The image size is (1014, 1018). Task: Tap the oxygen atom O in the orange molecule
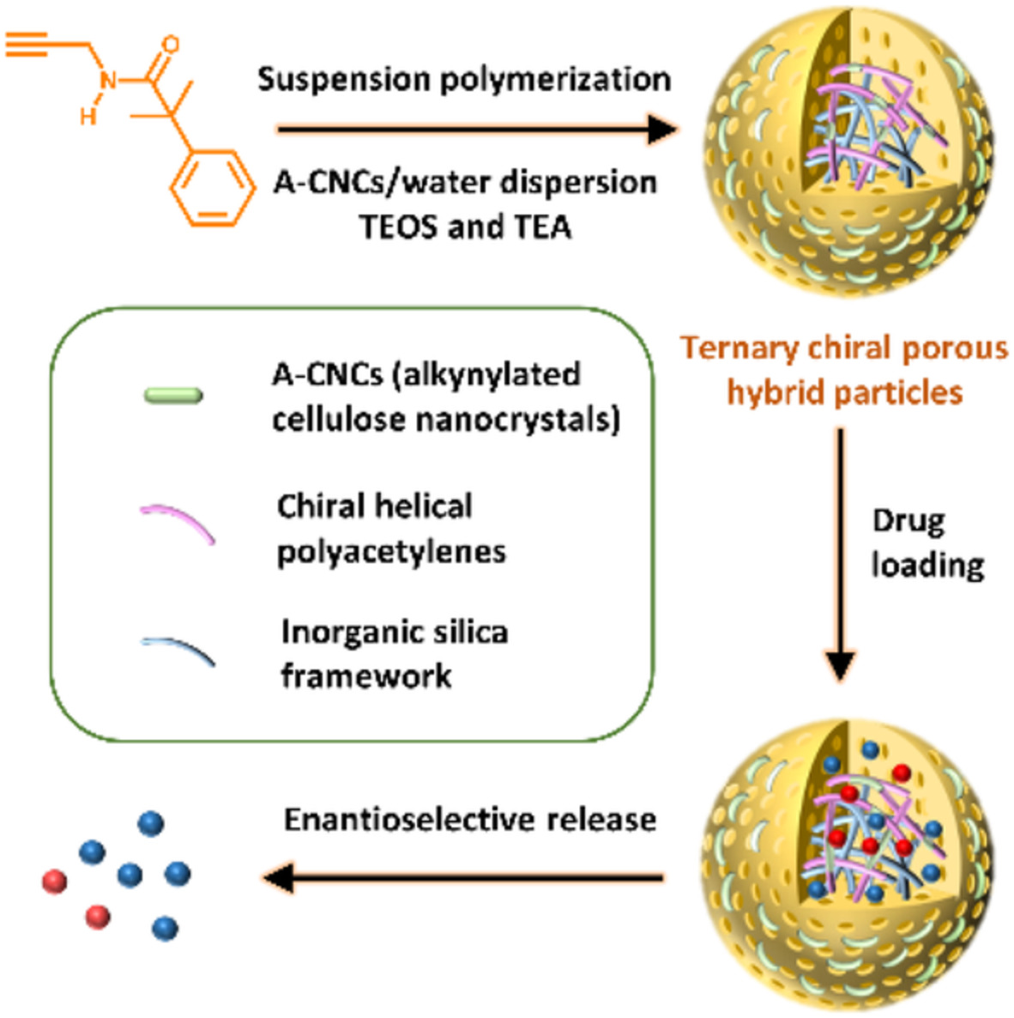(171, 45)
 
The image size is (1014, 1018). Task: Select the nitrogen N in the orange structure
(108, 82)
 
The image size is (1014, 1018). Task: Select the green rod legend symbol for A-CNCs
(173, 396)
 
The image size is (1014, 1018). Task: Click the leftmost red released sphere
(55, 882)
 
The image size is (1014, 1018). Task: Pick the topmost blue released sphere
(150, 823)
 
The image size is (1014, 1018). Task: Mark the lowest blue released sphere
(165, 928)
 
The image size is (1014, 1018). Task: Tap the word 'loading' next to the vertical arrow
(927, 566)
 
